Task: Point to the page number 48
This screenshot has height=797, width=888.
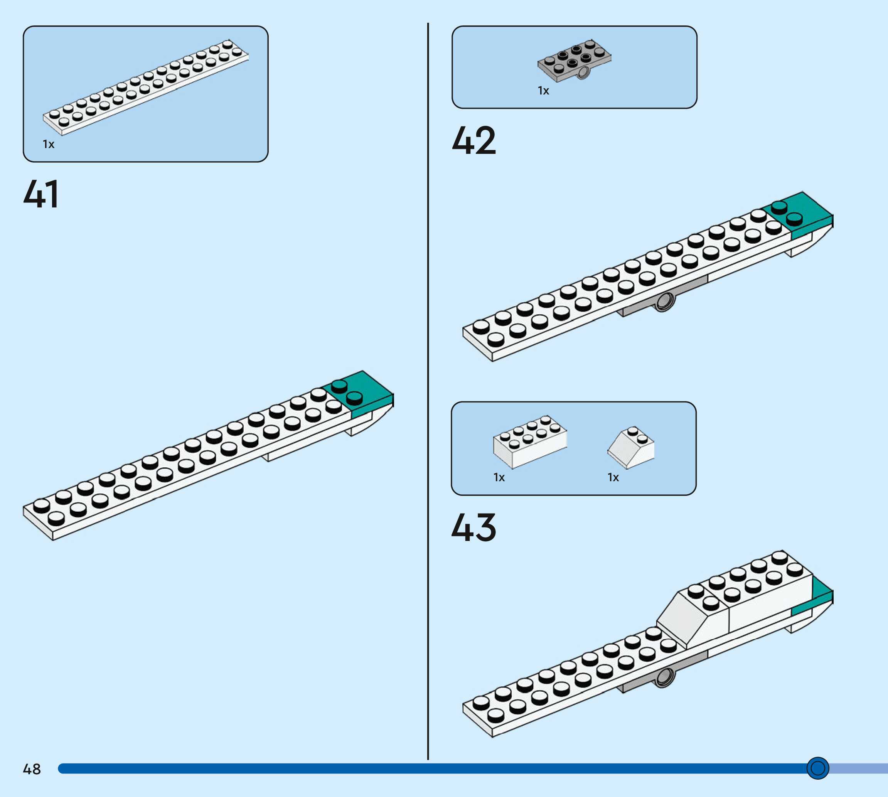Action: tap(32, 769)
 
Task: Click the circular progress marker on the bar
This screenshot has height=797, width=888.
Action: tap(817, 768)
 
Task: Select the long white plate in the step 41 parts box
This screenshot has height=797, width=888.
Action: tap(146, 87)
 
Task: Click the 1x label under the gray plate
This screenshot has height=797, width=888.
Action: tap(543, 91)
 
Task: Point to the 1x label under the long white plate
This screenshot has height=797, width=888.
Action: tap(49, 144)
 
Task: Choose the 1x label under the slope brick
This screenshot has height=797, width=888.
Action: tap(613, 477)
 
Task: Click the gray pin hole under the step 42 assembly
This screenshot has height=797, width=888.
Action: tap(664, 301)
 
